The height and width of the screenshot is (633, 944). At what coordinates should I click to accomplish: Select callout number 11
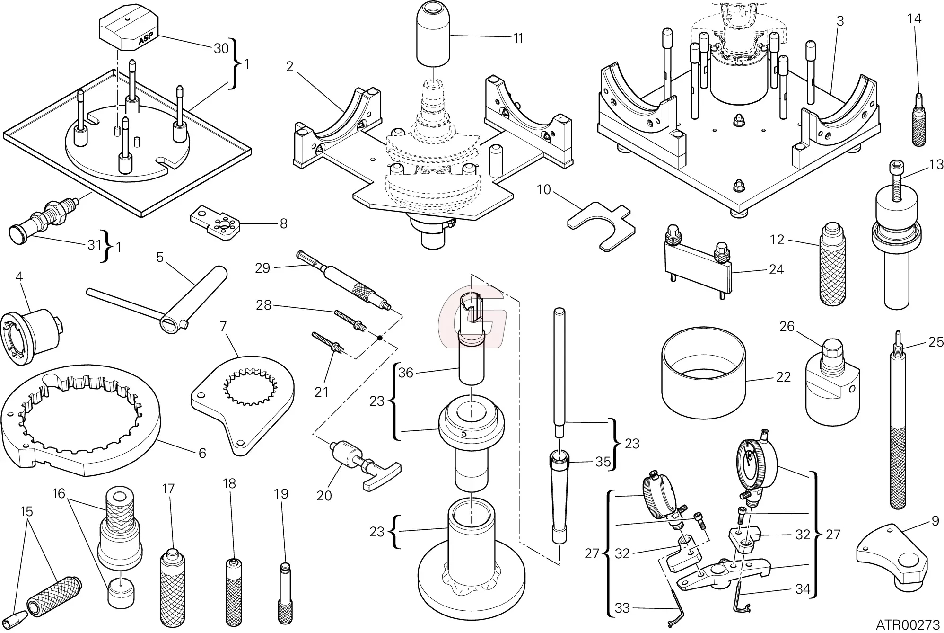point(518,38)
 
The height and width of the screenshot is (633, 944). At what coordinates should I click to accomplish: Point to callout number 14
point(914,19)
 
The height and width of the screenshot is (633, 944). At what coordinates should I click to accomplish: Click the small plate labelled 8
point(216,222)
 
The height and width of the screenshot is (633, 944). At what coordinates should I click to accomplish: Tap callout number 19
point(281,494)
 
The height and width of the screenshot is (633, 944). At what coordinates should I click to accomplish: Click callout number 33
point(622,607)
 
